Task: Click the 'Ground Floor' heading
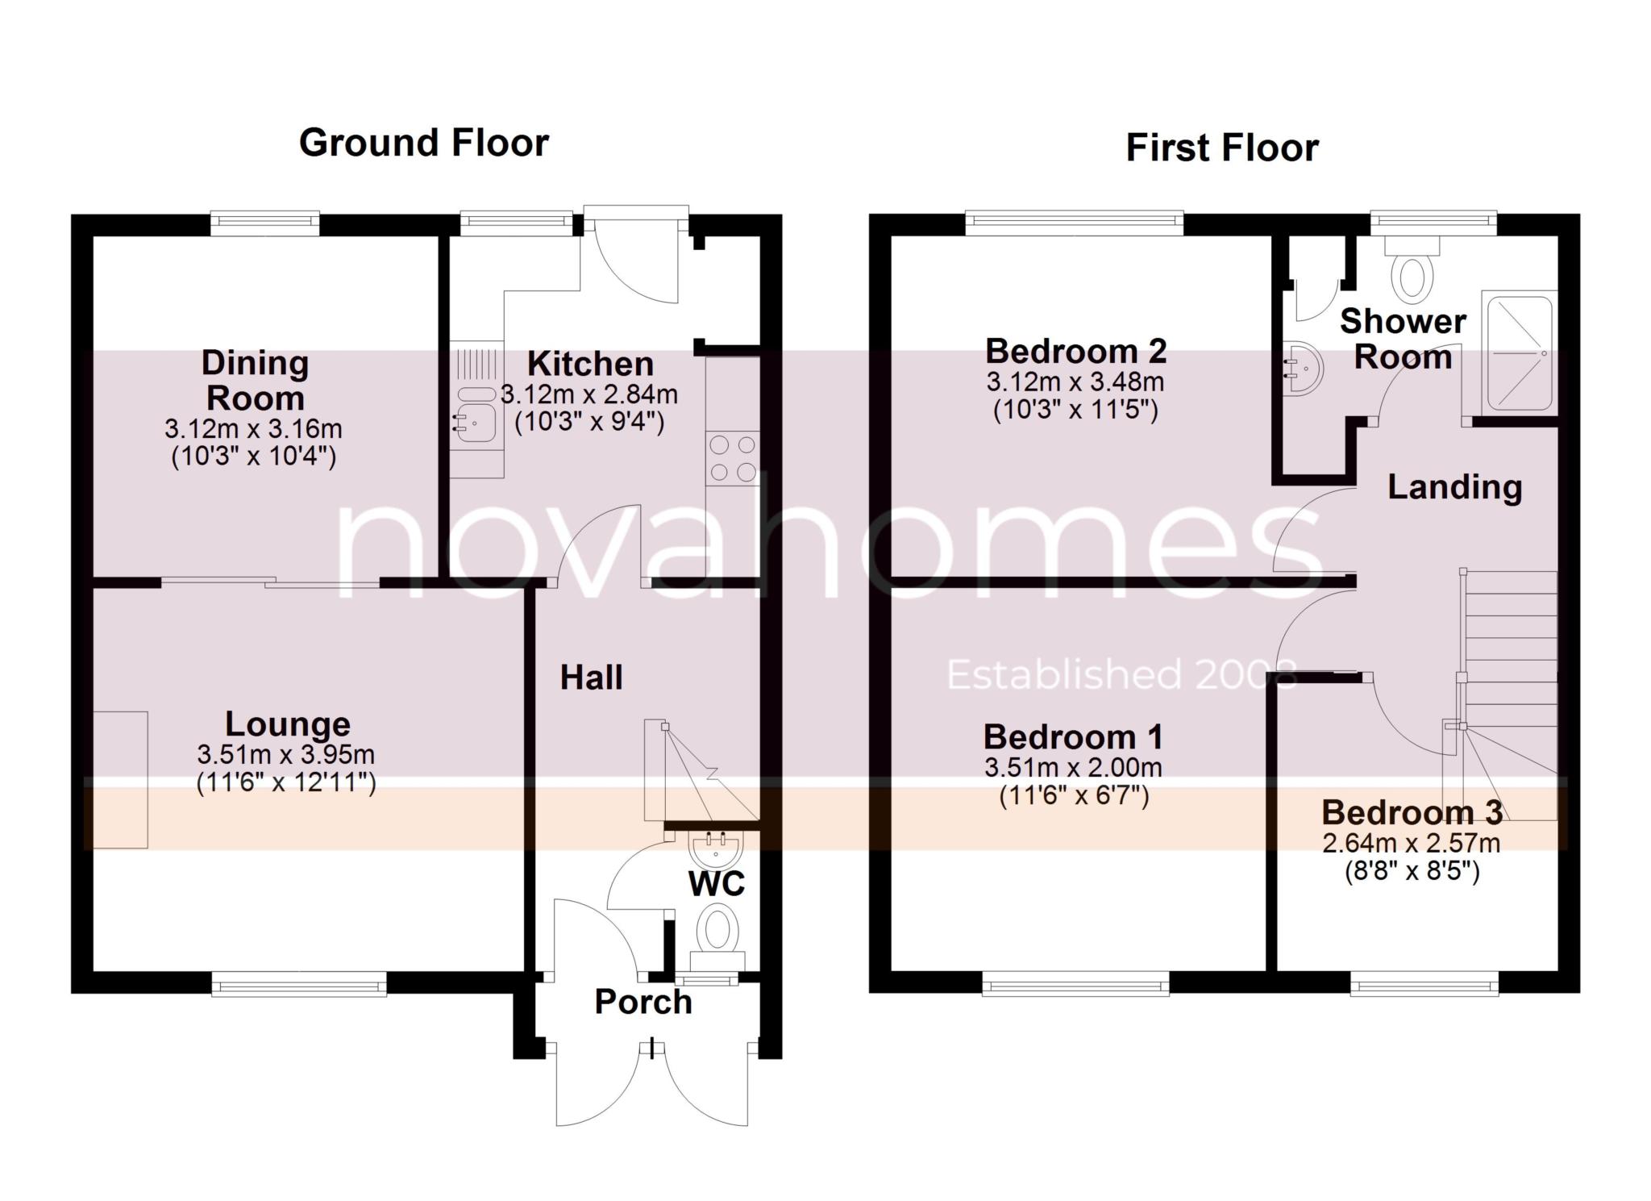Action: point(424,144)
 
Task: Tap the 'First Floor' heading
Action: point(1222,148)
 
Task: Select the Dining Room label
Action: point(256,381)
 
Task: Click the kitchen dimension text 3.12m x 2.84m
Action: point(589,395)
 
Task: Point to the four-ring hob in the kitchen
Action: point(733,458)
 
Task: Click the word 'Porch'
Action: point(643,1003)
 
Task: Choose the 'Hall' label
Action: point(592,678)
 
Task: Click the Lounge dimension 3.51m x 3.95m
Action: point(286,756)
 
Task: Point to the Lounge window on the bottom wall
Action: point(299,984)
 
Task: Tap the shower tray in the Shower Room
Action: point(1519,353)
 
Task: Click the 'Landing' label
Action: point(1455,488)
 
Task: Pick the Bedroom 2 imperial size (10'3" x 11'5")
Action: point(1075,411)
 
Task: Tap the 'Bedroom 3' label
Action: point(1412,813)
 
